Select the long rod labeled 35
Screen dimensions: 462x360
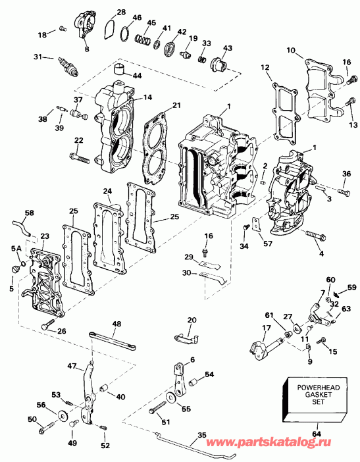[x=197, y=444]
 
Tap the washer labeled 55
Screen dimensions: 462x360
[x=172, y=397]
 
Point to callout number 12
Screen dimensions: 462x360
[x=265, y=67]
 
